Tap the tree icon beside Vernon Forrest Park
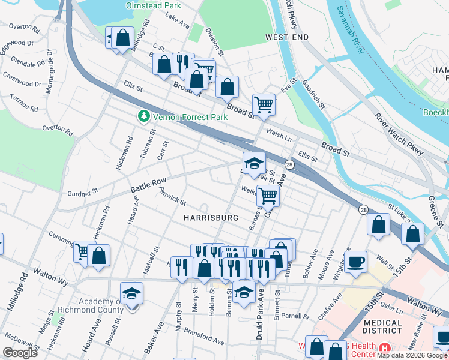tap(143, 116)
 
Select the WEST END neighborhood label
tap(287, 37)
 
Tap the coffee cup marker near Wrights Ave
tap(356, 262)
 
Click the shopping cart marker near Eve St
tap(264, 104)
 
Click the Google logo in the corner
tap(20, 352)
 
